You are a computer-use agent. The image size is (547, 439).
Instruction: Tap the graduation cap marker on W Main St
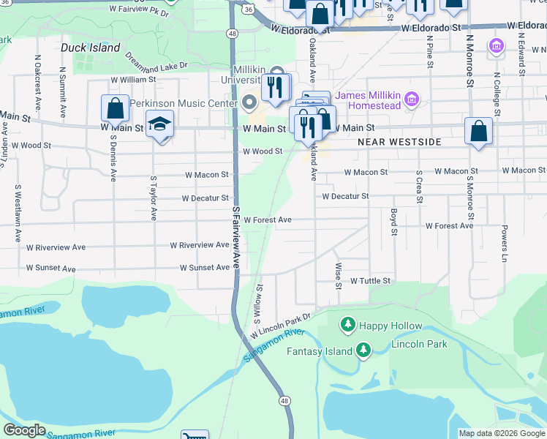(x=159, y=125)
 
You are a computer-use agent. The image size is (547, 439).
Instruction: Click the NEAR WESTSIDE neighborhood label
(x=399, y=142)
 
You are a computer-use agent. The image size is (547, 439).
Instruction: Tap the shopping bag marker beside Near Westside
(x=478, y=132)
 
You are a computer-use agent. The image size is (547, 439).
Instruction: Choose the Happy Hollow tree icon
(x=348, y=324)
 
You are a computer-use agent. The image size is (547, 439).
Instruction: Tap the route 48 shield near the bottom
(x=284, y=401)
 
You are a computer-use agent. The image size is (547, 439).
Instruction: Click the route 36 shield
(x=249, y=10)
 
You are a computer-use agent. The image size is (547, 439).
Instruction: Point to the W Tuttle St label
(x=371, y=281)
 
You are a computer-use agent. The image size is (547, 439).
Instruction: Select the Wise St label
(x=338, y=274)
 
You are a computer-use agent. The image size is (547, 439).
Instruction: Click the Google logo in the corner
(x=24, y=430)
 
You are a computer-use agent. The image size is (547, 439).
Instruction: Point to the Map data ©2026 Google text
(x=501, y=433)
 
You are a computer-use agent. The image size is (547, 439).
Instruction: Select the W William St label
(x=133, y=79)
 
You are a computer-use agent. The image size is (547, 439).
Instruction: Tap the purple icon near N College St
(x=496, y=48)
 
